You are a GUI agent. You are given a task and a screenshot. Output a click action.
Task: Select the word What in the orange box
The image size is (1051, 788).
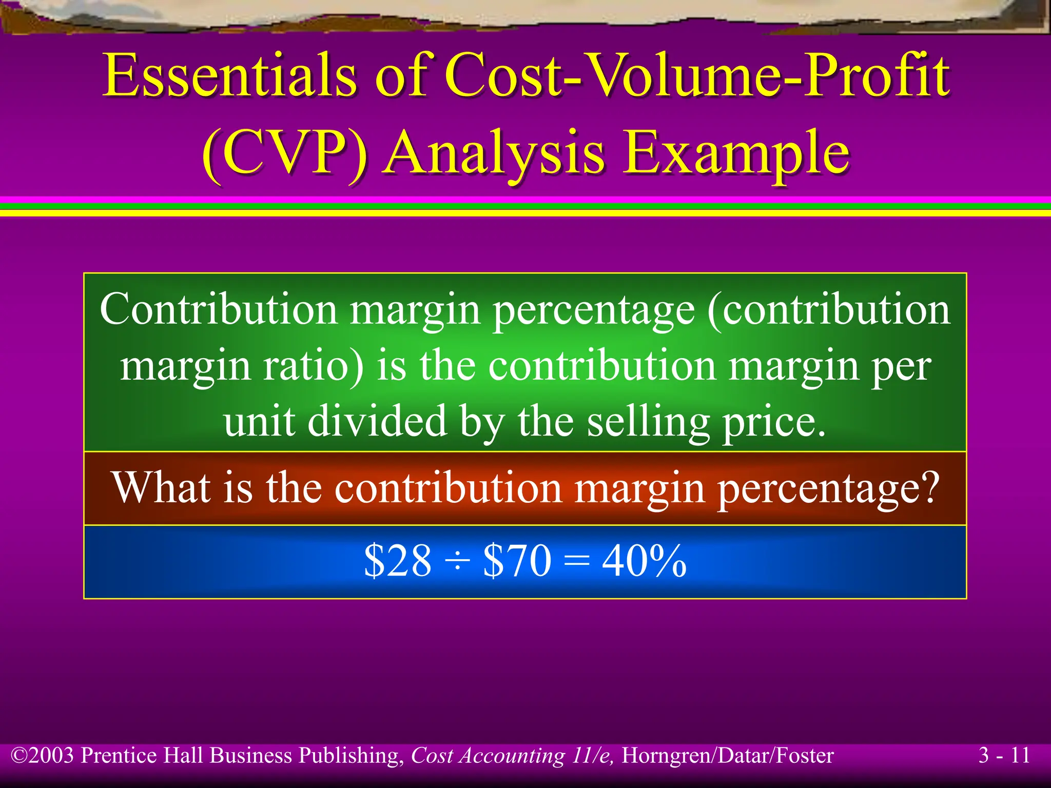[x=162, y=487]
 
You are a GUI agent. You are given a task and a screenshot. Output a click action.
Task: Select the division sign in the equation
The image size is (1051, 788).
[x=457, y=562]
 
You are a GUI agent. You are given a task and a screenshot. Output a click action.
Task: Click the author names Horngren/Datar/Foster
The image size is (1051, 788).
[x=728, y=756]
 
